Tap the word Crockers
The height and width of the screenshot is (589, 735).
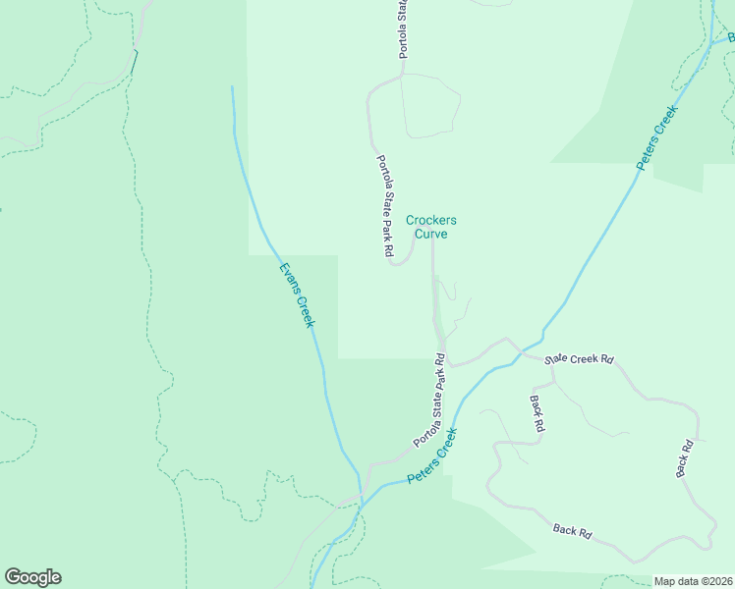431,221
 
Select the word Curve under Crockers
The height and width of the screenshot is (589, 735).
431,235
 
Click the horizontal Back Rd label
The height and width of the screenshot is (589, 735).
572,531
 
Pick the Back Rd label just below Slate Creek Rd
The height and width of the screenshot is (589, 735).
537,414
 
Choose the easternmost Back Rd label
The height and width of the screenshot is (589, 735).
685,459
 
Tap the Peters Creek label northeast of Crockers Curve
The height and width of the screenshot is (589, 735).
657,137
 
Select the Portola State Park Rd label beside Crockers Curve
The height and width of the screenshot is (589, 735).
385,206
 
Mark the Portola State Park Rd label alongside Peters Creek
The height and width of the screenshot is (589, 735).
430,401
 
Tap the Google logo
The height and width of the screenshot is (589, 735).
32,577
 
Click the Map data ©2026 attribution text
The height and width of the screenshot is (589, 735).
693,581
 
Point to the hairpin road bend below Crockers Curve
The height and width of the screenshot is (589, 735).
398,263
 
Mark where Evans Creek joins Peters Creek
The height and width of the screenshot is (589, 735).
362,499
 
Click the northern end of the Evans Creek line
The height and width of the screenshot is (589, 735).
233,87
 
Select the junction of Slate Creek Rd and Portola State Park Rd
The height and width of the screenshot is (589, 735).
446,363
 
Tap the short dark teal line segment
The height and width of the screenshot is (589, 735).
135,62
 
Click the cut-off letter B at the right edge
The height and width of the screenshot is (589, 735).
731,36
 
